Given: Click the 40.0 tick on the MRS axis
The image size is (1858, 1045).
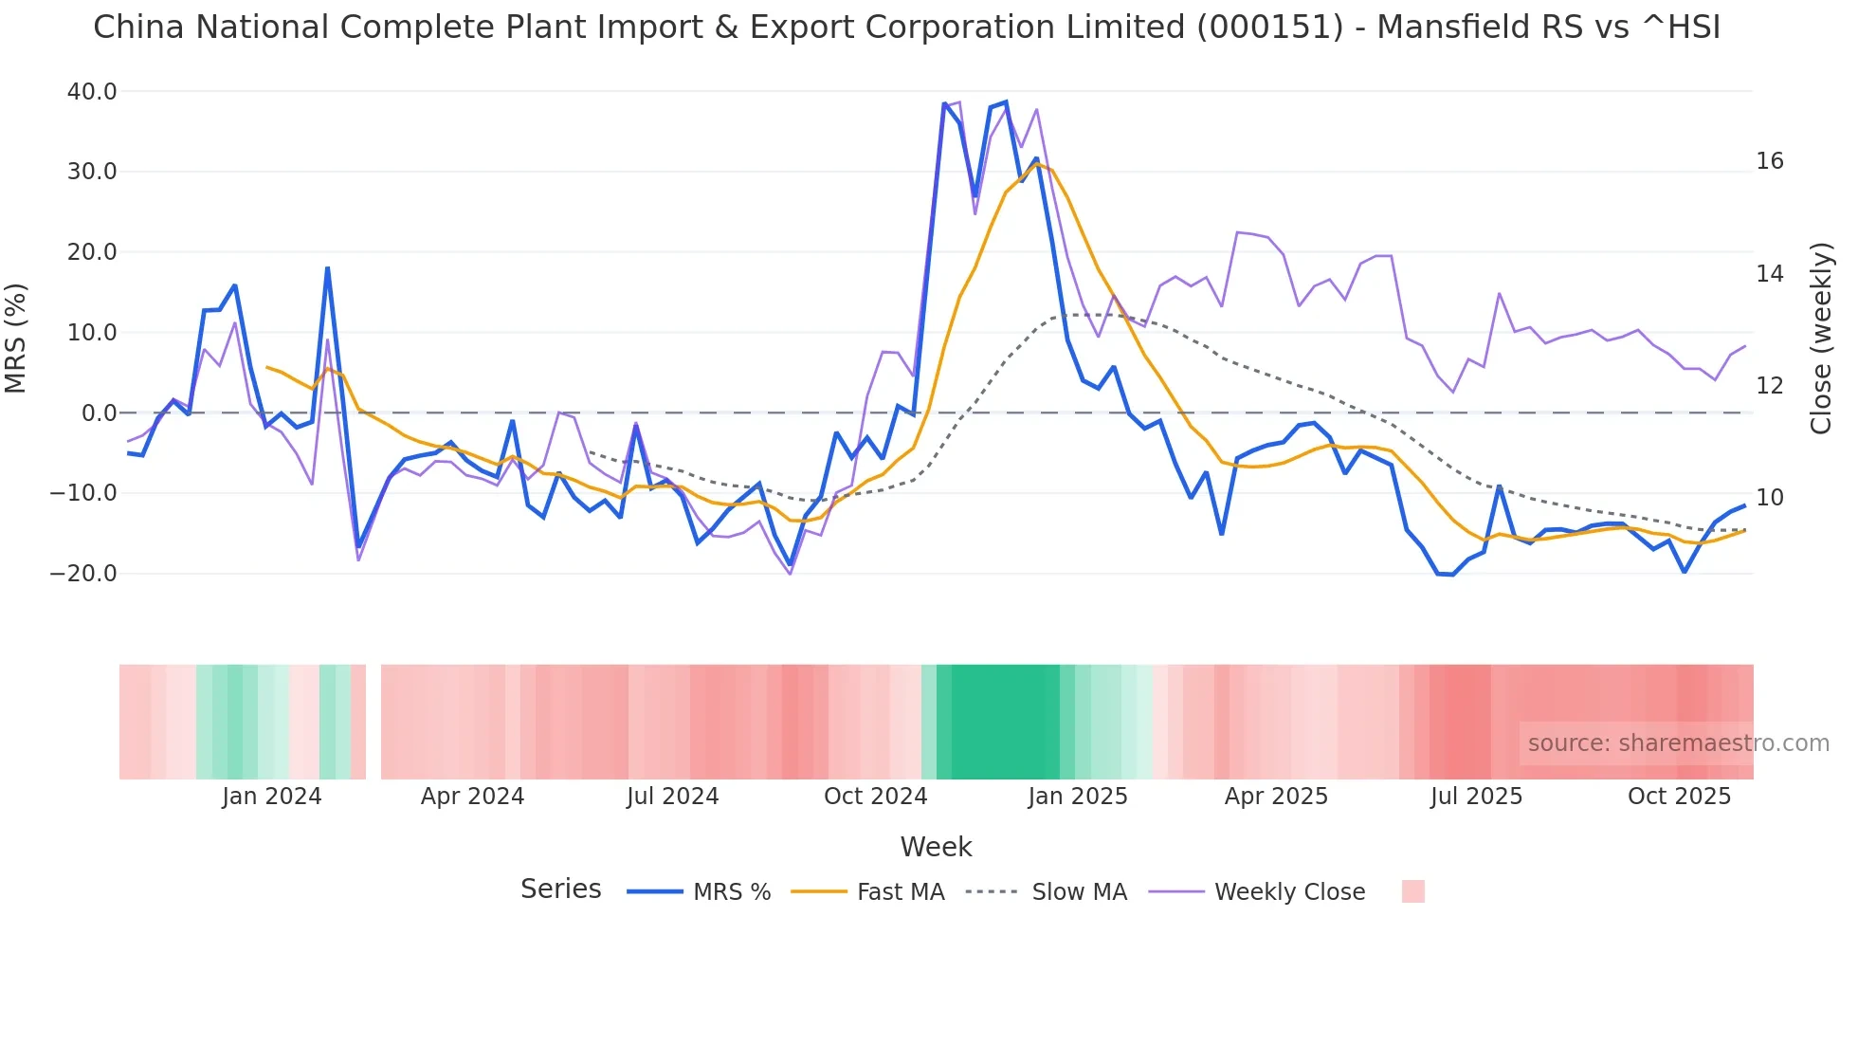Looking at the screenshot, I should (x=92, y=92).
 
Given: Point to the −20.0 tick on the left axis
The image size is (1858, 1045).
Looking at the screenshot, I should (x=83, y=574).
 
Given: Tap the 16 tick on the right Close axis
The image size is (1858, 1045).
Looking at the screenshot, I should (x=1769, y=161).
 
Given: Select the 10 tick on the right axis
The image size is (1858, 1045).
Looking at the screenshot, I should (x=1769, y=498).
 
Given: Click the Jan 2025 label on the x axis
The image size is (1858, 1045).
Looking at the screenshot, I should (x=1077, y=797).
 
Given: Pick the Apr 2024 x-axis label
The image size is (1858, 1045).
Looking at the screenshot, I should (x=472, y=797).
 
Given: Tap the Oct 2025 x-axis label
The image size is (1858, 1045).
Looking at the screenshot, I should (x=1679, y=797).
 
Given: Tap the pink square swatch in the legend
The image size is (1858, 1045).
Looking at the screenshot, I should (x=1412, y=891).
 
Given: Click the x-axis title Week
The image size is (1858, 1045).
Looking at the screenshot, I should (x=936, y=847).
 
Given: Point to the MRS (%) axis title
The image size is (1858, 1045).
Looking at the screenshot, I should (x=16, y=338).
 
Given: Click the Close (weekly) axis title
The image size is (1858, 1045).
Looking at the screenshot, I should (x=1820, y=338).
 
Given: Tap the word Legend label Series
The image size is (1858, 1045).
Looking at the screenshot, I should (x=560, y=889).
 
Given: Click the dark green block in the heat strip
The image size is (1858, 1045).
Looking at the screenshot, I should (x=1005, y=722).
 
